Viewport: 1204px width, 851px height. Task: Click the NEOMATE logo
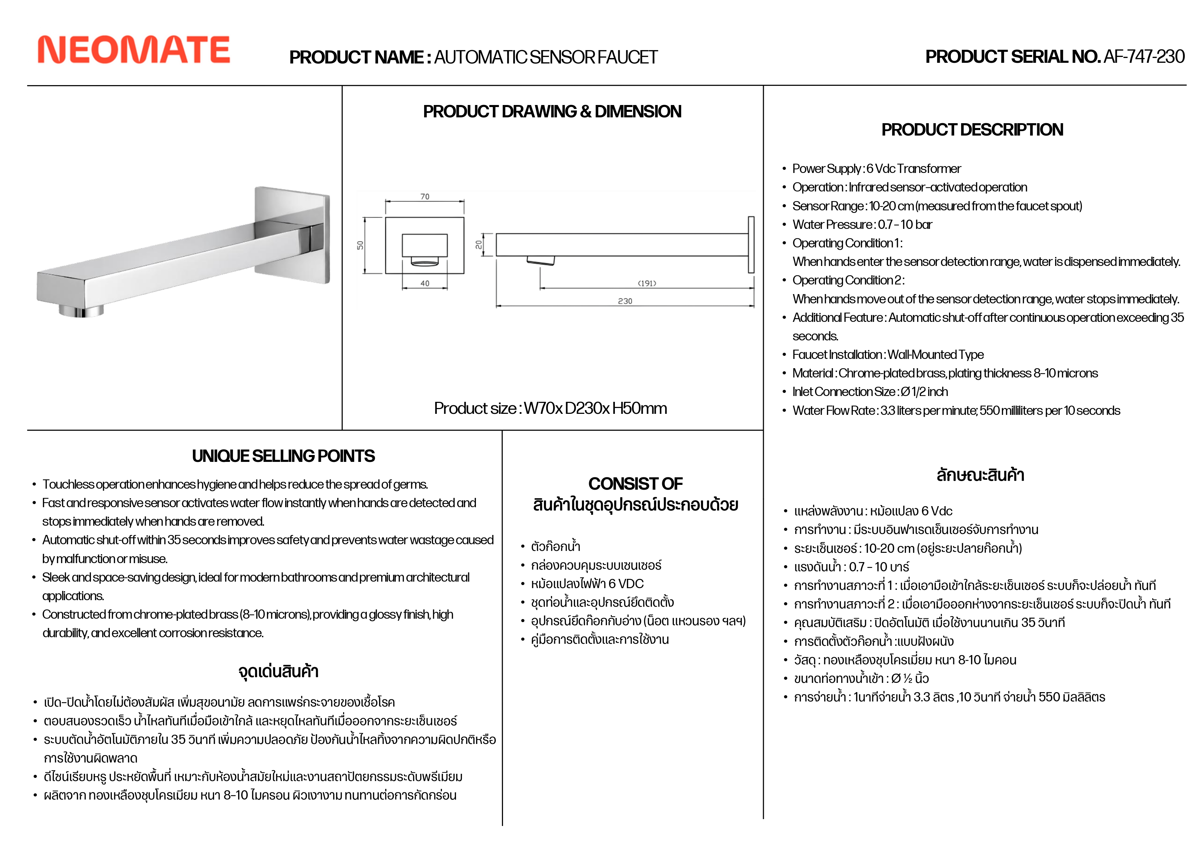tap(134, 50)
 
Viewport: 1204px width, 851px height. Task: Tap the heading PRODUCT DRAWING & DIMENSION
tap(552, 112)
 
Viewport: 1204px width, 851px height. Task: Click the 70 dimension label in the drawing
tap(425, 197)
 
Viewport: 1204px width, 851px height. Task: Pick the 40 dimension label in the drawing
tap(425, 283)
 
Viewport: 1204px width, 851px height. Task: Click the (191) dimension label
tap(646, 283)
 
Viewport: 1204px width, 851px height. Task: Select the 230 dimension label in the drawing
tap(625, 301)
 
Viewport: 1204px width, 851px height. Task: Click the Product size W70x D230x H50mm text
tap(551, 408)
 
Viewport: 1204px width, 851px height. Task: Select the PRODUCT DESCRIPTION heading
tap(972, 130)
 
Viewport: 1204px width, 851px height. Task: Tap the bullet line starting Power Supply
tap(876, 169)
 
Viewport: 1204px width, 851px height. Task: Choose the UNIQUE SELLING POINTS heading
tap(283, 456)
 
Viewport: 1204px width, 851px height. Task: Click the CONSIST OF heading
tap(635, 483)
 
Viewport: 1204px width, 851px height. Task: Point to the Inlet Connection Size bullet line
tap(870, 392)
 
